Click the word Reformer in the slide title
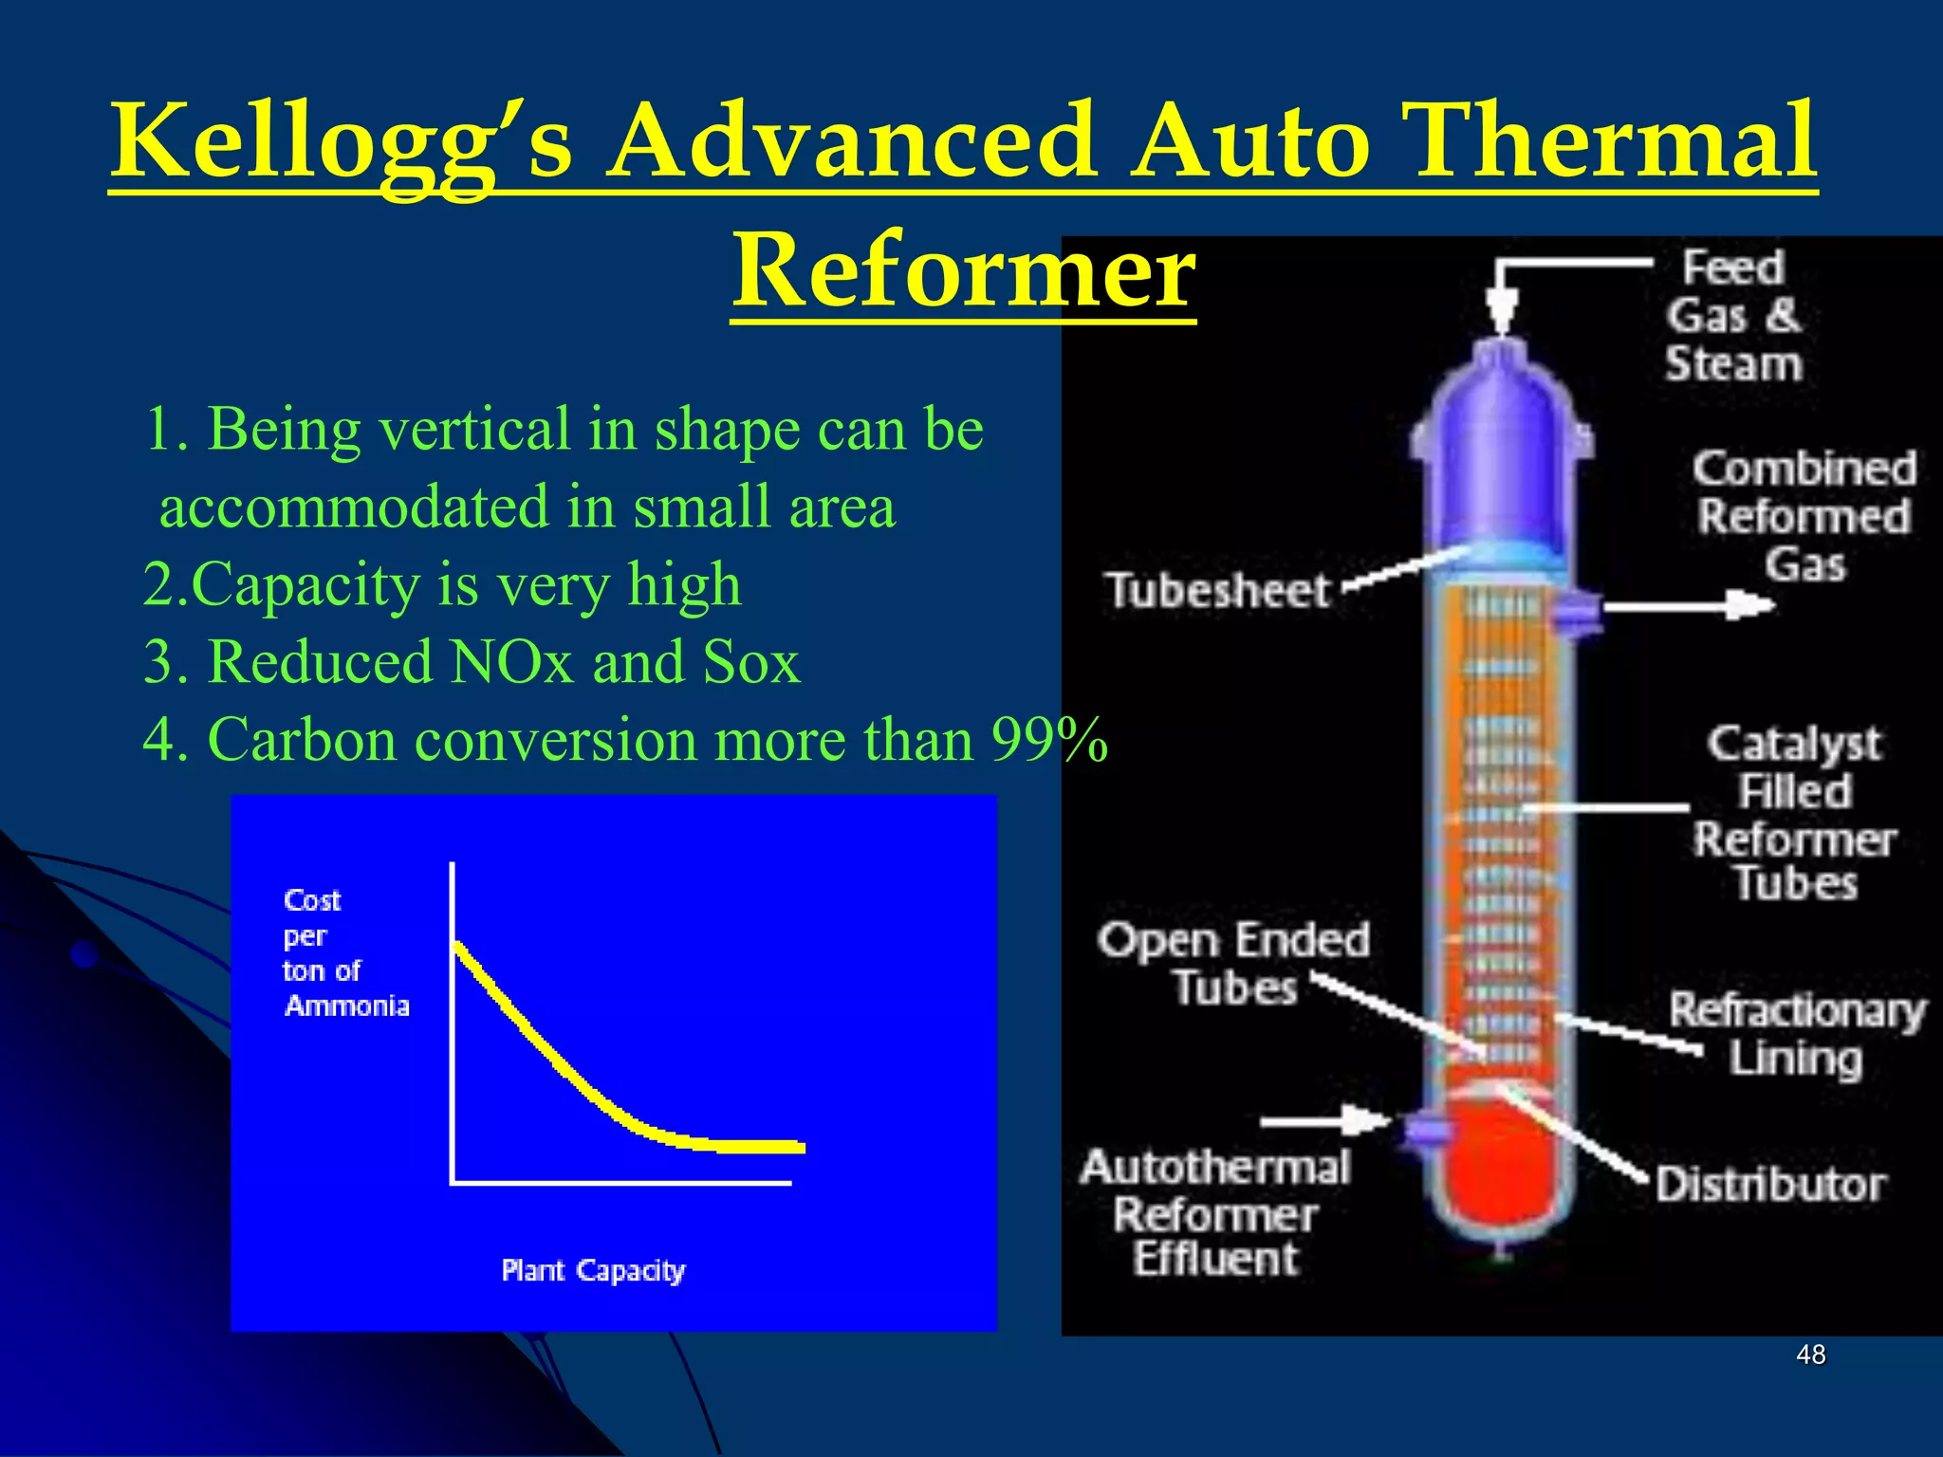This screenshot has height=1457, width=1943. (x=963, y=273)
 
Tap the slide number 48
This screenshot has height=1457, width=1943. (x=1810, y=1355)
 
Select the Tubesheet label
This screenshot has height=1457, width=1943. (x=1219, y=591)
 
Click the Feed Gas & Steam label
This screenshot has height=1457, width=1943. (x=1734, y=316)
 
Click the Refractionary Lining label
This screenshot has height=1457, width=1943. (x=1796, y=1034)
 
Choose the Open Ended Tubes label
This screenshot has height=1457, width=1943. (x=1233, y=963)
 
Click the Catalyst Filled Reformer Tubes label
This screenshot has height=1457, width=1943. (x=1793, y=814)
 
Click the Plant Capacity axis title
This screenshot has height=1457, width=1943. (x=593, y=1271)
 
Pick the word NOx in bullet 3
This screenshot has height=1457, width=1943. (x=512, y=662)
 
